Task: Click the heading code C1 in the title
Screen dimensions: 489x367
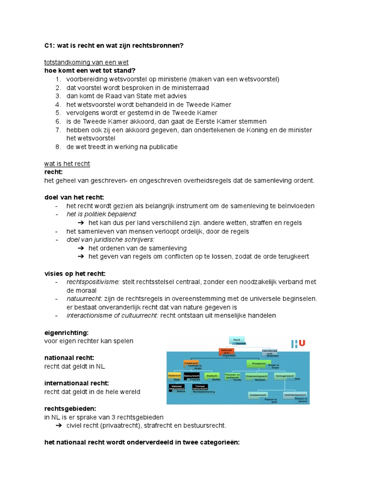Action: click(x=49, y=45)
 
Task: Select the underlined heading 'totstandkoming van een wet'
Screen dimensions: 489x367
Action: click(x=86, y=63)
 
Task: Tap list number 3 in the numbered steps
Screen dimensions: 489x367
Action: click(x=58, y=96)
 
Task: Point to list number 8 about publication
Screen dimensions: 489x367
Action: click(x=58, y=147)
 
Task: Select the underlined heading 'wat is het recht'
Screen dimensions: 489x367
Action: click(x=67, y=164)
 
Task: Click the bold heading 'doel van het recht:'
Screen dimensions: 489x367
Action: click(x=74, y=197)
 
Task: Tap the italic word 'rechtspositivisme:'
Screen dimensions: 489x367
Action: click(x=93, y=282)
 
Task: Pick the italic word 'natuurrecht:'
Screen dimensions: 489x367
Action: click(x=84, y=298)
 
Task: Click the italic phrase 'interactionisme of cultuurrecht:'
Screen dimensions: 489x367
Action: click(x=112, y=315)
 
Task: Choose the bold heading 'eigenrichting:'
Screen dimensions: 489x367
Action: click(x=66, y=332)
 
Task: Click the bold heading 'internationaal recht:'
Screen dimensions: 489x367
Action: click(x=77, y=383)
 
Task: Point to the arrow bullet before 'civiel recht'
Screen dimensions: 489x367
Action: click(x=60, y=425)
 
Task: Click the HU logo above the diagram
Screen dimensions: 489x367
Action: click(x=298, y=343)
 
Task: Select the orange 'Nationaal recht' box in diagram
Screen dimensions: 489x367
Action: click(x=227, y=352)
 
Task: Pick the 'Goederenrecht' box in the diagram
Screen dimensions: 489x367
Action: click(x=259, y=395)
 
